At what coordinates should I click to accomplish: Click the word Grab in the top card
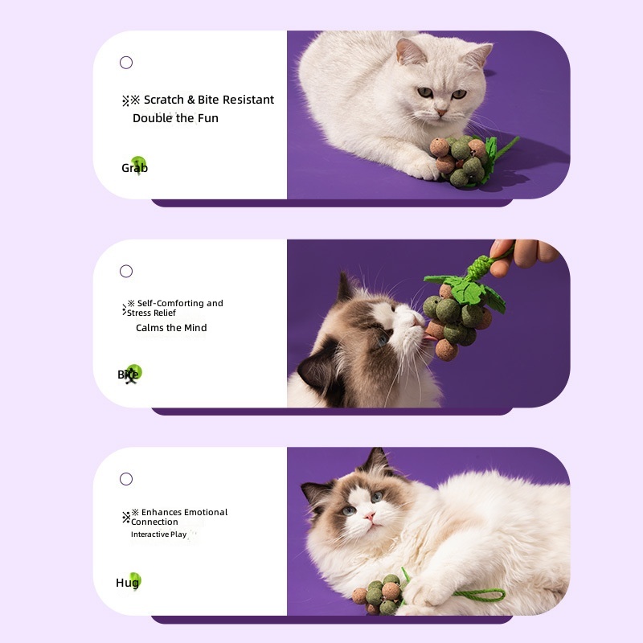click(134, 168)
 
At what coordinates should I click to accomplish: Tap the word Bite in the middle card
click(129, 375)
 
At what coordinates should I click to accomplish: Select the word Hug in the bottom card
click(127, 583)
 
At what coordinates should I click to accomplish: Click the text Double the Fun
click(175, 118)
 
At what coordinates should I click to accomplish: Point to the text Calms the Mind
click(171, 328)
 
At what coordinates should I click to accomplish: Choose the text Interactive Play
click(159, 534)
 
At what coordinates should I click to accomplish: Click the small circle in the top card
click(126, 63)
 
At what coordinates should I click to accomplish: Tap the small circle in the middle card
click(126, 271)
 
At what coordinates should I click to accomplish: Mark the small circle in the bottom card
click(126, 479)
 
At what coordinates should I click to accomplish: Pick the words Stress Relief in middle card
click(151, 313)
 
